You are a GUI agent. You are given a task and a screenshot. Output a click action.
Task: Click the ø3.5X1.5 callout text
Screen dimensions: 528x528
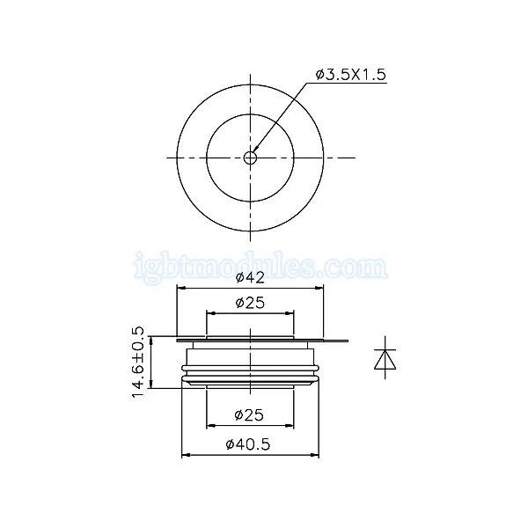pos(351,75)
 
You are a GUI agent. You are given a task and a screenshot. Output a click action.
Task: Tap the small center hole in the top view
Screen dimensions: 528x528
pos(250,158)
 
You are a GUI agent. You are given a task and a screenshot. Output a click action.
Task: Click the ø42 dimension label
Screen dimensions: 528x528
pos(250,277)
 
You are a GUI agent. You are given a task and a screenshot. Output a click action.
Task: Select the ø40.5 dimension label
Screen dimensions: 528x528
pos(248,444)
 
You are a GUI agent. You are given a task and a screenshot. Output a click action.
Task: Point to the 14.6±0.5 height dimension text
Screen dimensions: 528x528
pos(138,362)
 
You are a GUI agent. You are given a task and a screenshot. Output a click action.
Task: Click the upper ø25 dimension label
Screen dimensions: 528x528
pos(250,303)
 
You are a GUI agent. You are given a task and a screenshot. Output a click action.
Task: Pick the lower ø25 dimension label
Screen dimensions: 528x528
pos(249,415)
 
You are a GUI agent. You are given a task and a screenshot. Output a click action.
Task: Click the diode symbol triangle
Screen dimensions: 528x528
pos(385,360)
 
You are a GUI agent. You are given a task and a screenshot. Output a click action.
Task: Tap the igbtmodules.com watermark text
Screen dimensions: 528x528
pos(260,267)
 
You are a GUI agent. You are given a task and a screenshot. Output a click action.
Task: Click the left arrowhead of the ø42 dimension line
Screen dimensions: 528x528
pos(181,288)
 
